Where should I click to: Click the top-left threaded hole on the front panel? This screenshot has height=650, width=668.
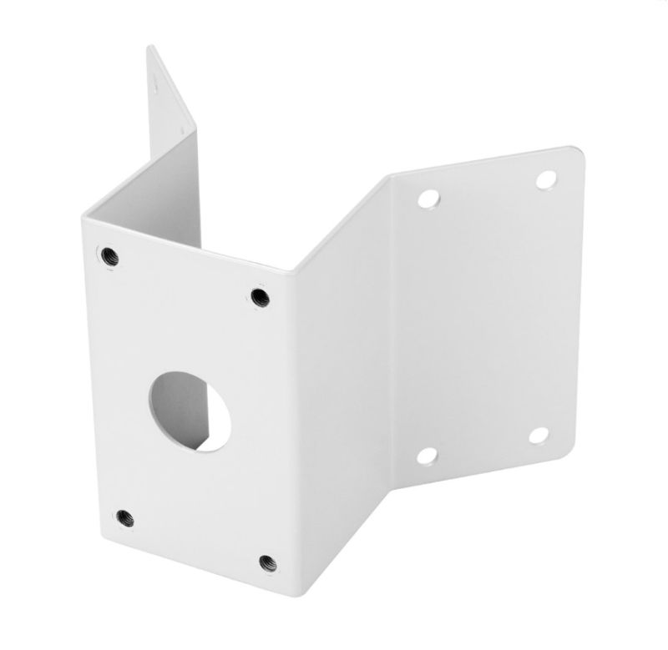click(x=108, y=255)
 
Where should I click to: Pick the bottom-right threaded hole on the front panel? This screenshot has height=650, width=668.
click(x=267, y=562)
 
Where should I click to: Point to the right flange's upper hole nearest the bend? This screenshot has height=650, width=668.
click(x=429, y=199)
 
